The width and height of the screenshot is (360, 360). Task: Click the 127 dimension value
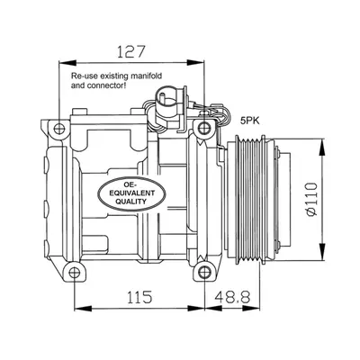click(131, 51)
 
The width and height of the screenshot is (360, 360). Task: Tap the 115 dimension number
click(139, 297)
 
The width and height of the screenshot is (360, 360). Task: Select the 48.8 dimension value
click(233, 297)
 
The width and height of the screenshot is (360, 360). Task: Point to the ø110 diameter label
click(311, 199)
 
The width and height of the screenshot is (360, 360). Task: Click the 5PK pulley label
click(250, 121)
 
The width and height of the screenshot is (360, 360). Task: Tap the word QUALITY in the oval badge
click(131, 202)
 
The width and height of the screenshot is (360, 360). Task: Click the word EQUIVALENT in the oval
click(131, 193)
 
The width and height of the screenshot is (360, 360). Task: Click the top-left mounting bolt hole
click(59, 129)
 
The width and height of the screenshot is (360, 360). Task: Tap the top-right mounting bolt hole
click(204, 129)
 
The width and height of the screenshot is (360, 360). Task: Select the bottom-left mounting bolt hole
click(74, 273)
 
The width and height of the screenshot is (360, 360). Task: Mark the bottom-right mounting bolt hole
click(204, 273)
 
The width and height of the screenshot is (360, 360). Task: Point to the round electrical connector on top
click(165, 97)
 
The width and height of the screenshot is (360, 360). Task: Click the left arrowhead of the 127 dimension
click(67, 63)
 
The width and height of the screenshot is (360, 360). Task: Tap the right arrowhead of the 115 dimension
click(196, 308)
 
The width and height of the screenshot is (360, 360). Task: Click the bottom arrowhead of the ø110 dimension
click(322, 251)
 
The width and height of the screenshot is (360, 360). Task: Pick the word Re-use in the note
click(81, 76)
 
